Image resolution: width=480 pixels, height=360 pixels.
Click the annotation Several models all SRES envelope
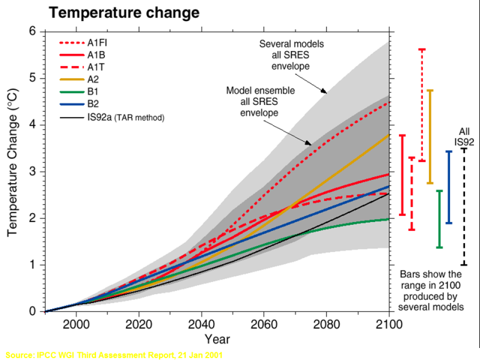[x=292, y=55]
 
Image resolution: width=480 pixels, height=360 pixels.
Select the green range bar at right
[x=439, y=219]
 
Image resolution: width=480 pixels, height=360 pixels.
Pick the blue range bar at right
[x=449, y=187]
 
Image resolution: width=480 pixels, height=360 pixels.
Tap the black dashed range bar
[x=464, y=206]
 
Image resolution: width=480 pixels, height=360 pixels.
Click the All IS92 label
[x=464, y=136]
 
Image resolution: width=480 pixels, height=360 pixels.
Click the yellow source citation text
[x=113, y=355]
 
